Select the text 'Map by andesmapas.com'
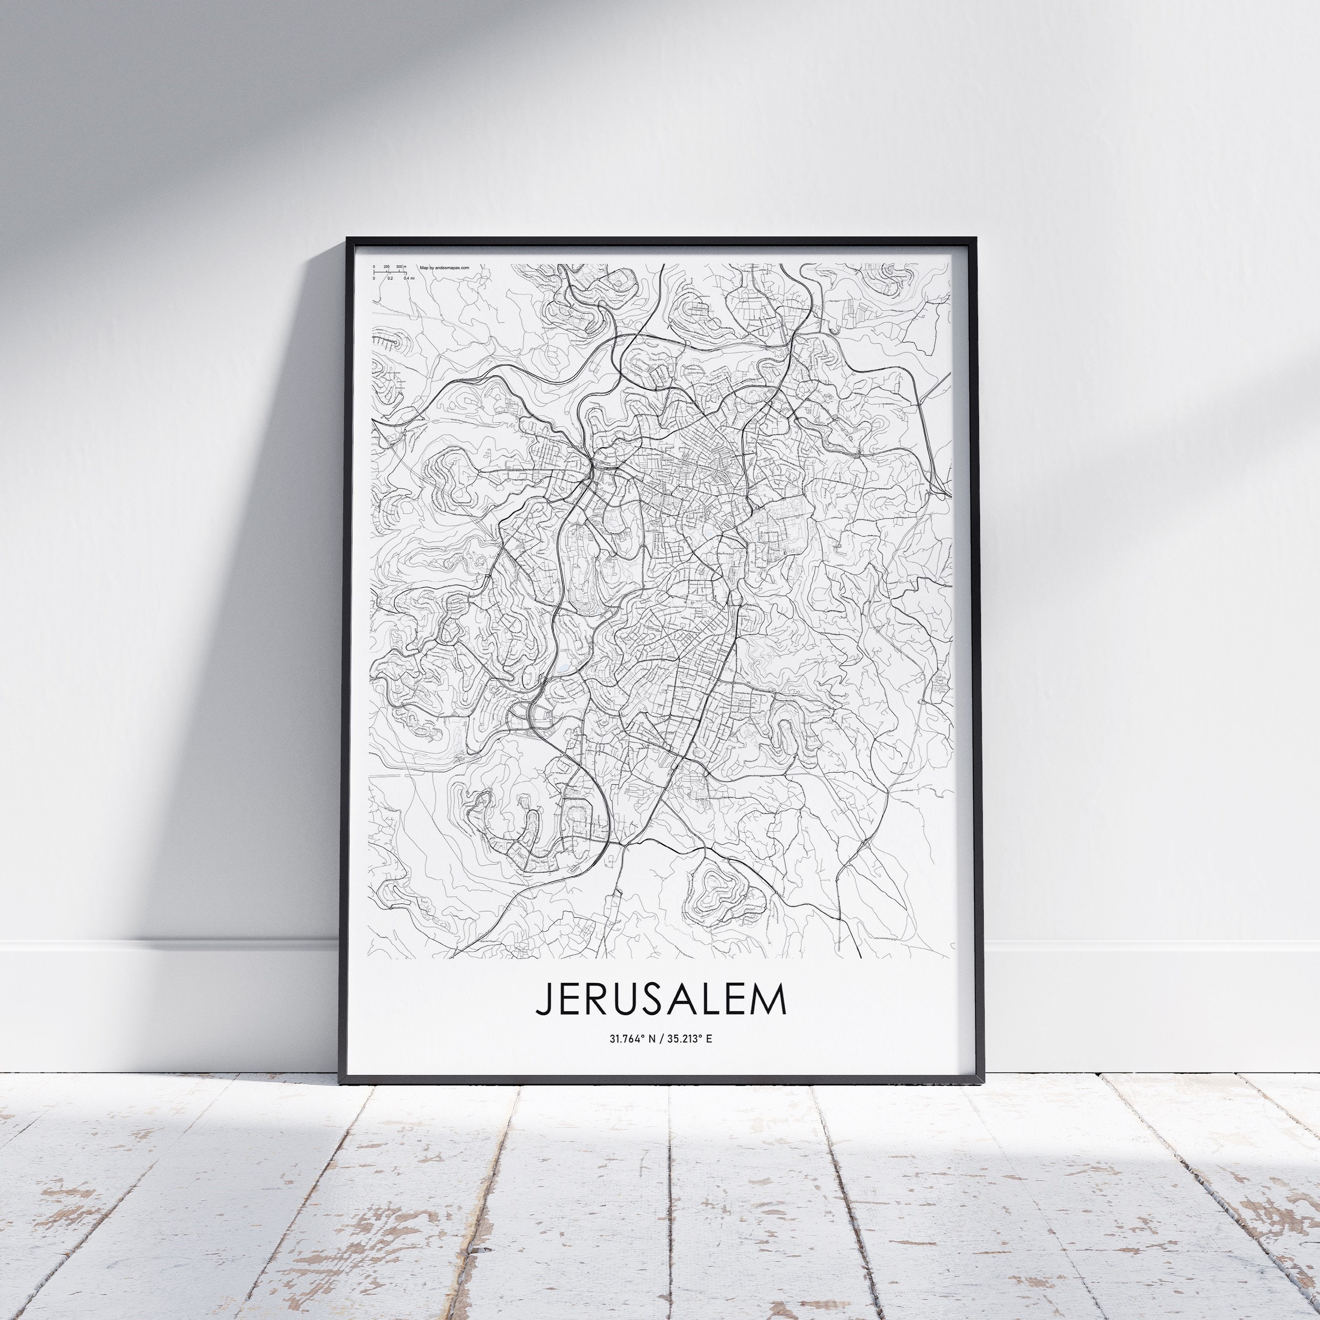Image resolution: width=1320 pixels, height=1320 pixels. click(444, 269)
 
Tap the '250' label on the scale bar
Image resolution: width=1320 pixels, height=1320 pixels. click(387, 267)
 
